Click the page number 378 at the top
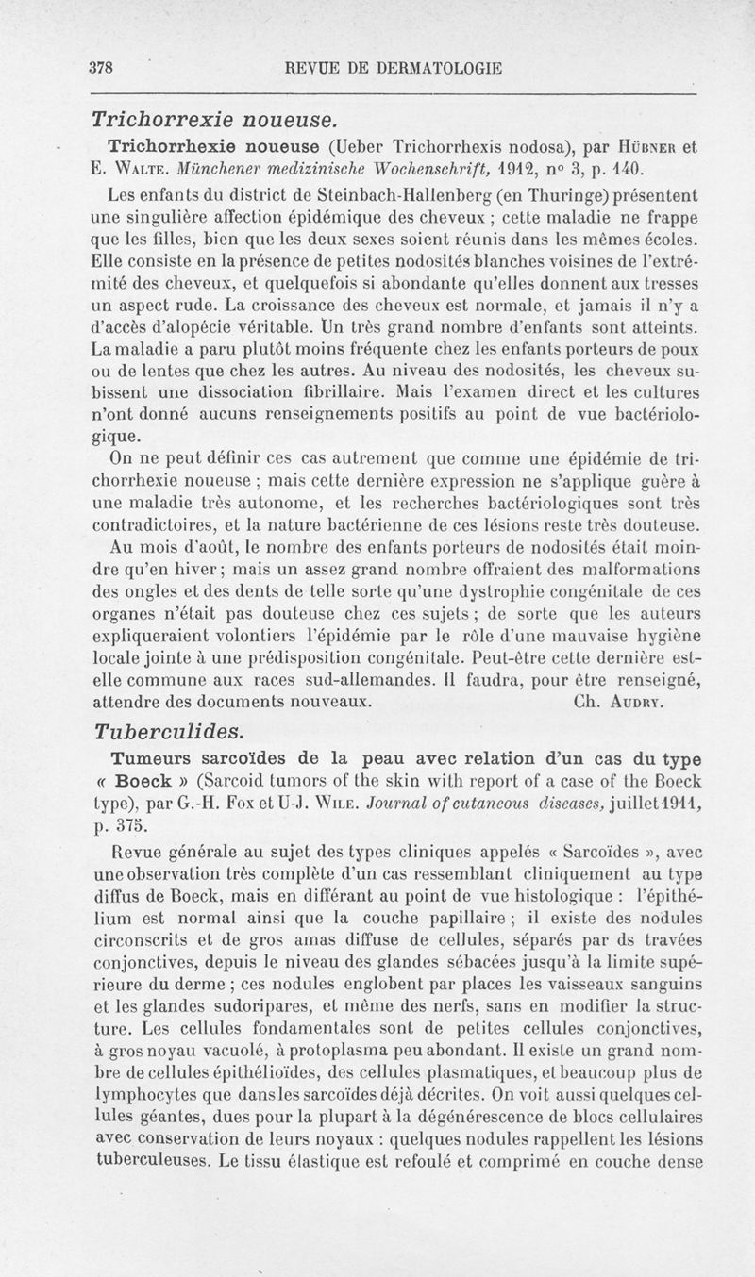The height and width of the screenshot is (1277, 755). [101, 68]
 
